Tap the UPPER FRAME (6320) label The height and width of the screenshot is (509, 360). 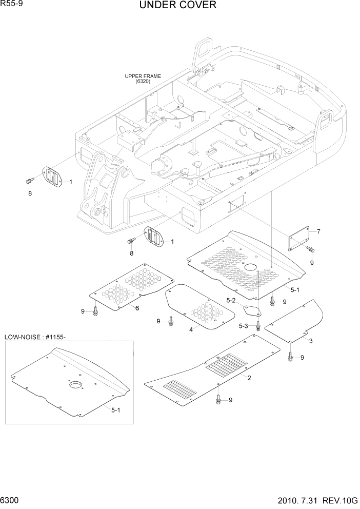tap(143, 79)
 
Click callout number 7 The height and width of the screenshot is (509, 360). tap(318, 232)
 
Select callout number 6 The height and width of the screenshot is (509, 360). tap(137, 308)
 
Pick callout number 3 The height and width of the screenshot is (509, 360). tap(311, 341)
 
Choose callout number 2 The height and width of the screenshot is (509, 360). tap(249, 378)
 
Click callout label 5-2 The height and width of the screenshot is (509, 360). tap(231, 301)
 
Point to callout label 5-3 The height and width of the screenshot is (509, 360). tap(244, 326)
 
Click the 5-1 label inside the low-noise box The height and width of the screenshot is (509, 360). tap(116, 409)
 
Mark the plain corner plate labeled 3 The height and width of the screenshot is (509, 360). tap(295, 323)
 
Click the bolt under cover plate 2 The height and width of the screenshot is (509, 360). tap(219, 398)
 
